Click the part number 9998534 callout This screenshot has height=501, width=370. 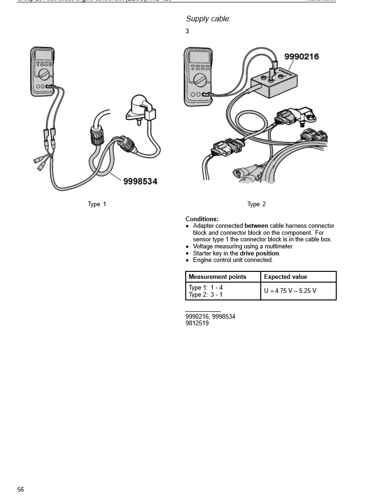click(140, 181)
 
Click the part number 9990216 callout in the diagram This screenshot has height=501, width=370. click(302, 57)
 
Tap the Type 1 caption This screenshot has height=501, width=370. click(97, 204)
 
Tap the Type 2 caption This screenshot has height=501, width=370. click(257, 204)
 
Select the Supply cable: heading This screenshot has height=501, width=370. click(208, 19)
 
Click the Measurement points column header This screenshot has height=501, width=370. click(217, 277)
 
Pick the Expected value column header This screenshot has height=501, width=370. click(286, 277)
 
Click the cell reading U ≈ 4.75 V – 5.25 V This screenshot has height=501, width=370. click(290, 291)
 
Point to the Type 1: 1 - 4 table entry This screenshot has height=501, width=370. click(205, 287)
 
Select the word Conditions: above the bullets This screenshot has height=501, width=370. click(202, 219)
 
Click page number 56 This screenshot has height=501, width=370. click(21, 490)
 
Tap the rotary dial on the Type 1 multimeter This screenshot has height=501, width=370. click(44, 75)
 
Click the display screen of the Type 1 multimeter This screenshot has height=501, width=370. click(44, 55)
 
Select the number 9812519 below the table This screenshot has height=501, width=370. click(197, 323)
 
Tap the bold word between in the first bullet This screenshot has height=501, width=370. click(256, 226)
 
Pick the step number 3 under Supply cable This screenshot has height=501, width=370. click(187, 31)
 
